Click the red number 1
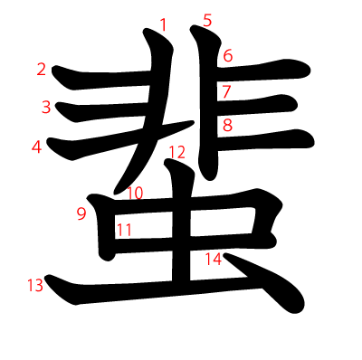coord(163,24)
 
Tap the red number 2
coord(42,69)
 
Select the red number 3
coord(45,107)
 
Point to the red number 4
coord(36,146)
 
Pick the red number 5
coord(207,20)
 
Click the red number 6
coord(228,56)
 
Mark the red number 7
coord(226,90)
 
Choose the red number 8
coord(227,125)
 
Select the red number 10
coord(135,193)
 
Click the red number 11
coord(124,229)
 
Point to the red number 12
coord(176,152)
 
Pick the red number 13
coord(35,286)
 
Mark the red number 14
coord(213,260)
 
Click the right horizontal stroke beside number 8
coord(271,137)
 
